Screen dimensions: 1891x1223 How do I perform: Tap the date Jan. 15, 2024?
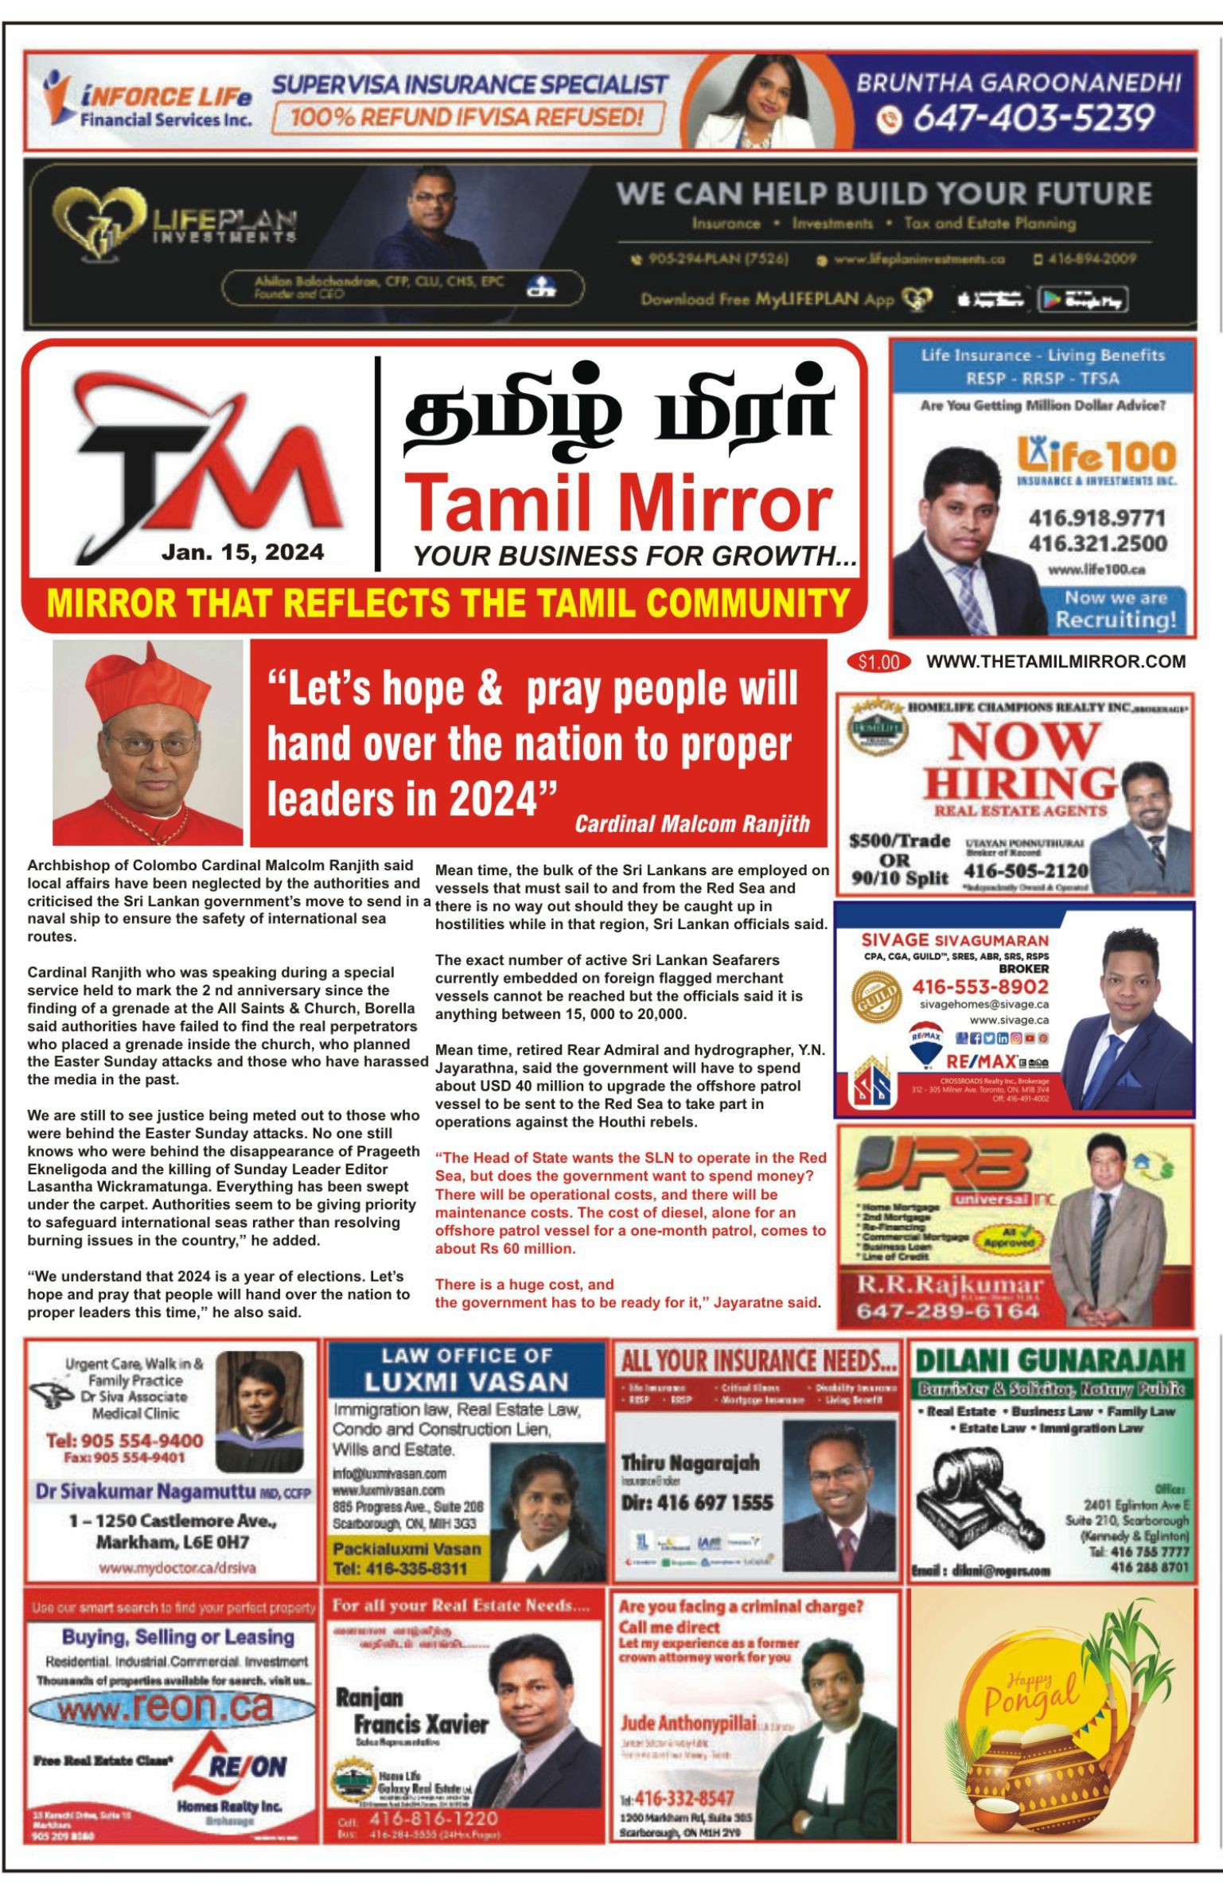[x=243, y=552]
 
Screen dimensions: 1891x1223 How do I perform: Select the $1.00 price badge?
[x=878, y=662]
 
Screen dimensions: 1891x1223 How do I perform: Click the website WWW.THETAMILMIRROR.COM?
[x=1056, y=662]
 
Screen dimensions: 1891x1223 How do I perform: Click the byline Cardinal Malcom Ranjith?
[x=691, y=823]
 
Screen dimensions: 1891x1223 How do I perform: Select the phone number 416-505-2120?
[x=1026, y=870]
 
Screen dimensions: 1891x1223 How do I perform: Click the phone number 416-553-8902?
[x=980, y=986]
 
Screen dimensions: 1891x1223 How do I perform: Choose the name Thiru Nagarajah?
[x=690, y=1462]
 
